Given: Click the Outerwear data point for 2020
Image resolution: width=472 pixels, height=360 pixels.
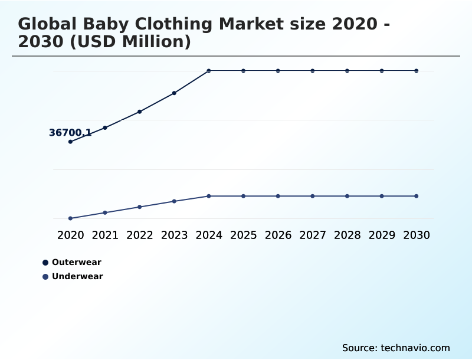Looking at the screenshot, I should [70, 142].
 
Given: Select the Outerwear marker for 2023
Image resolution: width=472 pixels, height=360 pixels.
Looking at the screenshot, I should [174, 93].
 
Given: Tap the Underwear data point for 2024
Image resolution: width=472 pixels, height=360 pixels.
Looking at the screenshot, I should [209, 196].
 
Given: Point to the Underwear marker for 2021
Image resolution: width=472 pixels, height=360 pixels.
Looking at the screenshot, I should [105, 212].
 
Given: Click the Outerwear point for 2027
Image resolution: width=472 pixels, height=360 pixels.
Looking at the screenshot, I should [313, 71].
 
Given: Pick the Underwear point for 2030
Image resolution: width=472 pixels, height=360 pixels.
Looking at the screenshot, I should [417, 196].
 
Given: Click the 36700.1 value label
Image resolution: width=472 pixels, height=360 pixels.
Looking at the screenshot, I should [70, 133].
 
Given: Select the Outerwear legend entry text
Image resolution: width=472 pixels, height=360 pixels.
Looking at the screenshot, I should [76, 262].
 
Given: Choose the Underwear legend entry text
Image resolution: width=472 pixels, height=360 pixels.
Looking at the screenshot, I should [77, 276].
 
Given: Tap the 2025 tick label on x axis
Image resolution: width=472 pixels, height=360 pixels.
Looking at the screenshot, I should [243, 235].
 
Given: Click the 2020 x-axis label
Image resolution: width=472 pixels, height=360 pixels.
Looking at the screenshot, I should [70, 235].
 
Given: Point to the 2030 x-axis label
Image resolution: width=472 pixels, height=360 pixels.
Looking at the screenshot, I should [417, 235].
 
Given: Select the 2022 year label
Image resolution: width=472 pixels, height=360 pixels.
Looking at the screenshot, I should [140, 235].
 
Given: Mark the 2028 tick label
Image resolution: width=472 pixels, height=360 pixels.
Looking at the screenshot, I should [347, 235].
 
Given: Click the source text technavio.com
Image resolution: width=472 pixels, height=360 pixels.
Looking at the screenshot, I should [396, 348].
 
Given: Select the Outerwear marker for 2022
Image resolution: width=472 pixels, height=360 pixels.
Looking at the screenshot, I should [140, 112].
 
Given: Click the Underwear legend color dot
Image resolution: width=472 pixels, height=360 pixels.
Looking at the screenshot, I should [45, 277].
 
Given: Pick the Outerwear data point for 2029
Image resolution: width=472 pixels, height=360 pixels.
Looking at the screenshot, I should [382, 71].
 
